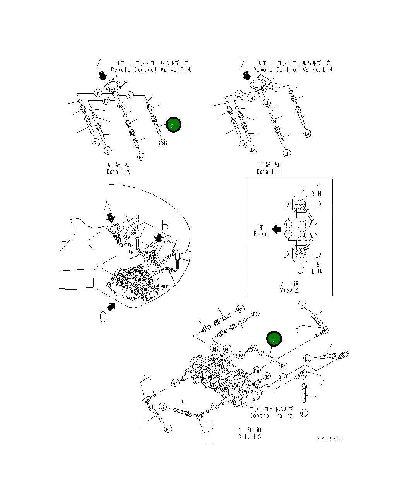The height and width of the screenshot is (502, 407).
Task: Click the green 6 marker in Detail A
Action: [x=173, y=125]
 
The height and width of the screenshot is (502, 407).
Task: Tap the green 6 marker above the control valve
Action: [x=274, y=339]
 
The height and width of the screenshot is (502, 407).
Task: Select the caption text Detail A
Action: [x=118, y=172]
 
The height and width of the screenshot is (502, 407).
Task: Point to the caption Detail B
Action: [x=268, y=172]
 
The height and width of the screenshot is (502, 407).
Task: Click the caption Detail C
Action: [x=250, y=437]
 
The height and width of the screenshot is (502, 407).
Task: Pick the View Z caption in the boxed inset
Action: [x=289, y=290]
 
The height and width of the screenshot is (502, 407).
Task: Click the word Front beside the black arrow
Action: [x=261, y=234]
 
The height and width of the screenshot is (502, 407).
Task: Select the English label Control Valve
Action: [x=271, y=415]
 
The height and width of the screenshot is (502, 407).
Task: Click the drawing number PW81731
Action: [x=330, y=438]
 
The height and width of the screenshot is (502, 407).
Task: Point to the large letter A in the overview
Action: [x=107, y=206]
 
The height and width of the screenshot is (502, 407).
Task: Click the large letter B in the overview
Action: [x=165, y=225]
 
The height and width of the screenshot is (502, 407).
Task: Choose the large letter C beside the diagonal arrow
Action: [x=103, y=317]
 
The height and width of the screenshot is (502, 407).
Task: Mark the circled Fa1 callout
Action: [x=175, y=383]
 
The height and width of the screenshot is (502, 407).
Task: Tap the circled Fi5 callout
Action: [x=283, y=378]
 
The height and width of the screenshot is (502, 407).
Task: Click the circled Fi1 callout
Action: [x=227, y=350]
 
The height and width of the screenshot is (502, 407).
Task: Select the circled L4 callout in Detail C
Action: [x=302, y=305]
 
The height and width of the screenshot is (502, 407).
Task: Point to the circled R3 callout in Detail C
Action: [x=255, y=314]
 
